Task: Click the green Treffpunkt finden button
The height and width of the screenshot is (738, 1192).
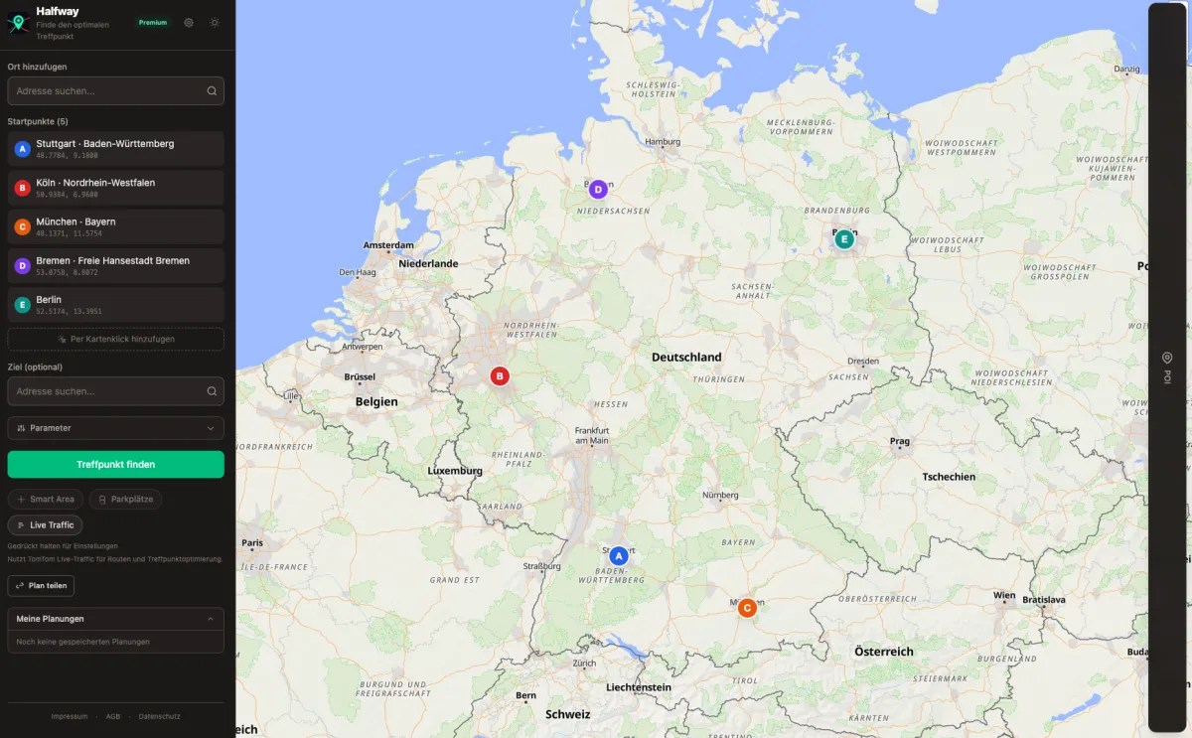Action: click(x=115, y=464)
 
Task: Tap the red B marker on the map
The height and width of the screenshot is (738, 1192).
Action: click(x=500, y=376)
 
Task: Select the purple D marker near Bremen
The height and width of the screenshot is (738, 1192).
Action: click(x=597, y=189)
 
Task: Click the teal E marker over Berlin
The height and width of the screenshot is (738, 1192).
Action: click(x=844, y=239)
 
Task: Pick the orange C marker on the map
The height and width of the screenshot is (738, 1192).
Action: click(x=747, y=608)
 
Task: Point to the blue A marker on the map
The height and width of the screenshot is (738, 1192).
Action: click(x=619, y=556)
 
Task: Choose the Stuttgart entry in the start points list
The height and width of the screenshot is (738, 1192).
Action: click(x=115, y=149)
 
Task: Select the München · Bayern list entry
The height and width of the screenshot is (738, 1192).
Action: click(x=115, y=226)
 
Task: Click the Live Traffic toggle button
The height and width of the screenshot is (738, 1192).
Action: click(x=46, y=524)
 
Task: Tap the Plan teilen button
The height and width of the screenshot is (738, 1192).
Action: click(x=41, y=586)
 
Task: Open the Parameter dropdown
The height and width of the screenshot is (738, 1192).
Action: click(x=115, y=428)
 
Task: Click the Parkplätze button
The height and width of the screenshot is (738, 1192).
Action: click(x=125, y=499)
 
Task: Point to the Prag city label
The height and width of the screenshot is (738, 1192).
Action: click(x=900, y=441)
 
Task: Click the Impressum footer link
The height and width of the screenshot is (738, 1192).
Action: click(x=70, y=716)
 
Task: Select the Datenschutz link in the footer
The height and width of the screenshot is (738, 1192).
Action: click(x=159, y=716)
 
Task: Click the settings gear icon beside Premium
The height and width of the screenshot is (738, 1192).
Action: click(x=189, y=22)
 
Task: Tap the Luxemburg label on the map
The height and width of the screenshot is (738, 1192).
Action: click(x=455, y=471)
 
